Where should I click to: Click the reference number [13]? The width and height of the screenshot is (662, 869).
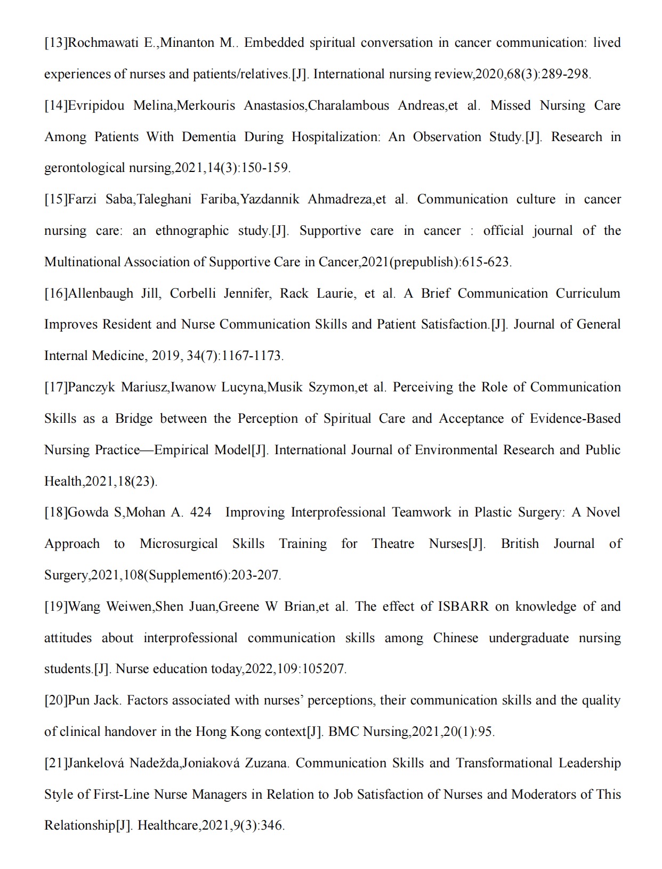pyautogui.click(x=56, y=43)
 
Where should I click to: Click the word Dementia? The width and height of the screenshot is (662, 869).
pyautogui.click(x=208, y=137)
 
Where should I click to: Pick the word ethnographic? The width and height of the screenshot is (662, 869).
pyautogui.click(x=191, y=231)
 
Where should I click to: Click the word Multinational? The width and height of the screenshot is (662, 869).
pyautogui.click(x=82, y=262)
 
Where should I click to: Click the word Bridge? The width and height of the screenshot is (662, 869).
pyautogui.click(x=134, y=419)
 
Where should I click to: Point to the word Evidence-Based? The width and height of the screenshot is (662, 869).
pyautogui.click(x=575, y=419)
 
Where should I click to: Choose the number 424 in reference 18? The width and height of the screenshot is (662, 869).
pyautogui.click(x=200, y=512)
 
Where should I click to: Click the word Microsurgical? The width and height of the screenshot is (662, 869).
pyautogui.click(x=179, y=544)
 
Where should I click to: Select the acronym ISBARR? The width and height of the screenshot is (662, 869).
pyautogui.click(x=463, y=606)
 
